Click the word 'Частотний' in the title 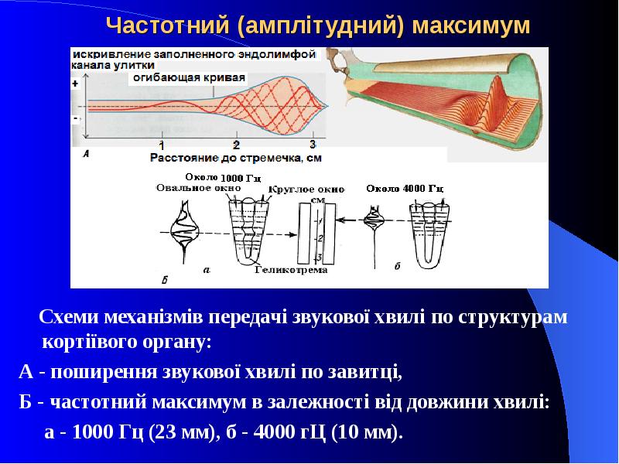click(168, 26)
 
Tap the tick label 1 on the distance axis click(162, 145)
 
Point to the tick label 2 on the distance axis click(236, 145)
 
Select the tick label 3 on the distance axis click(313, 145)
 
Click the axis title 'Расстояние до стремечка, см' click(235, 158)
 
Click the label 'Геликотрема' click(293, 271)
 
